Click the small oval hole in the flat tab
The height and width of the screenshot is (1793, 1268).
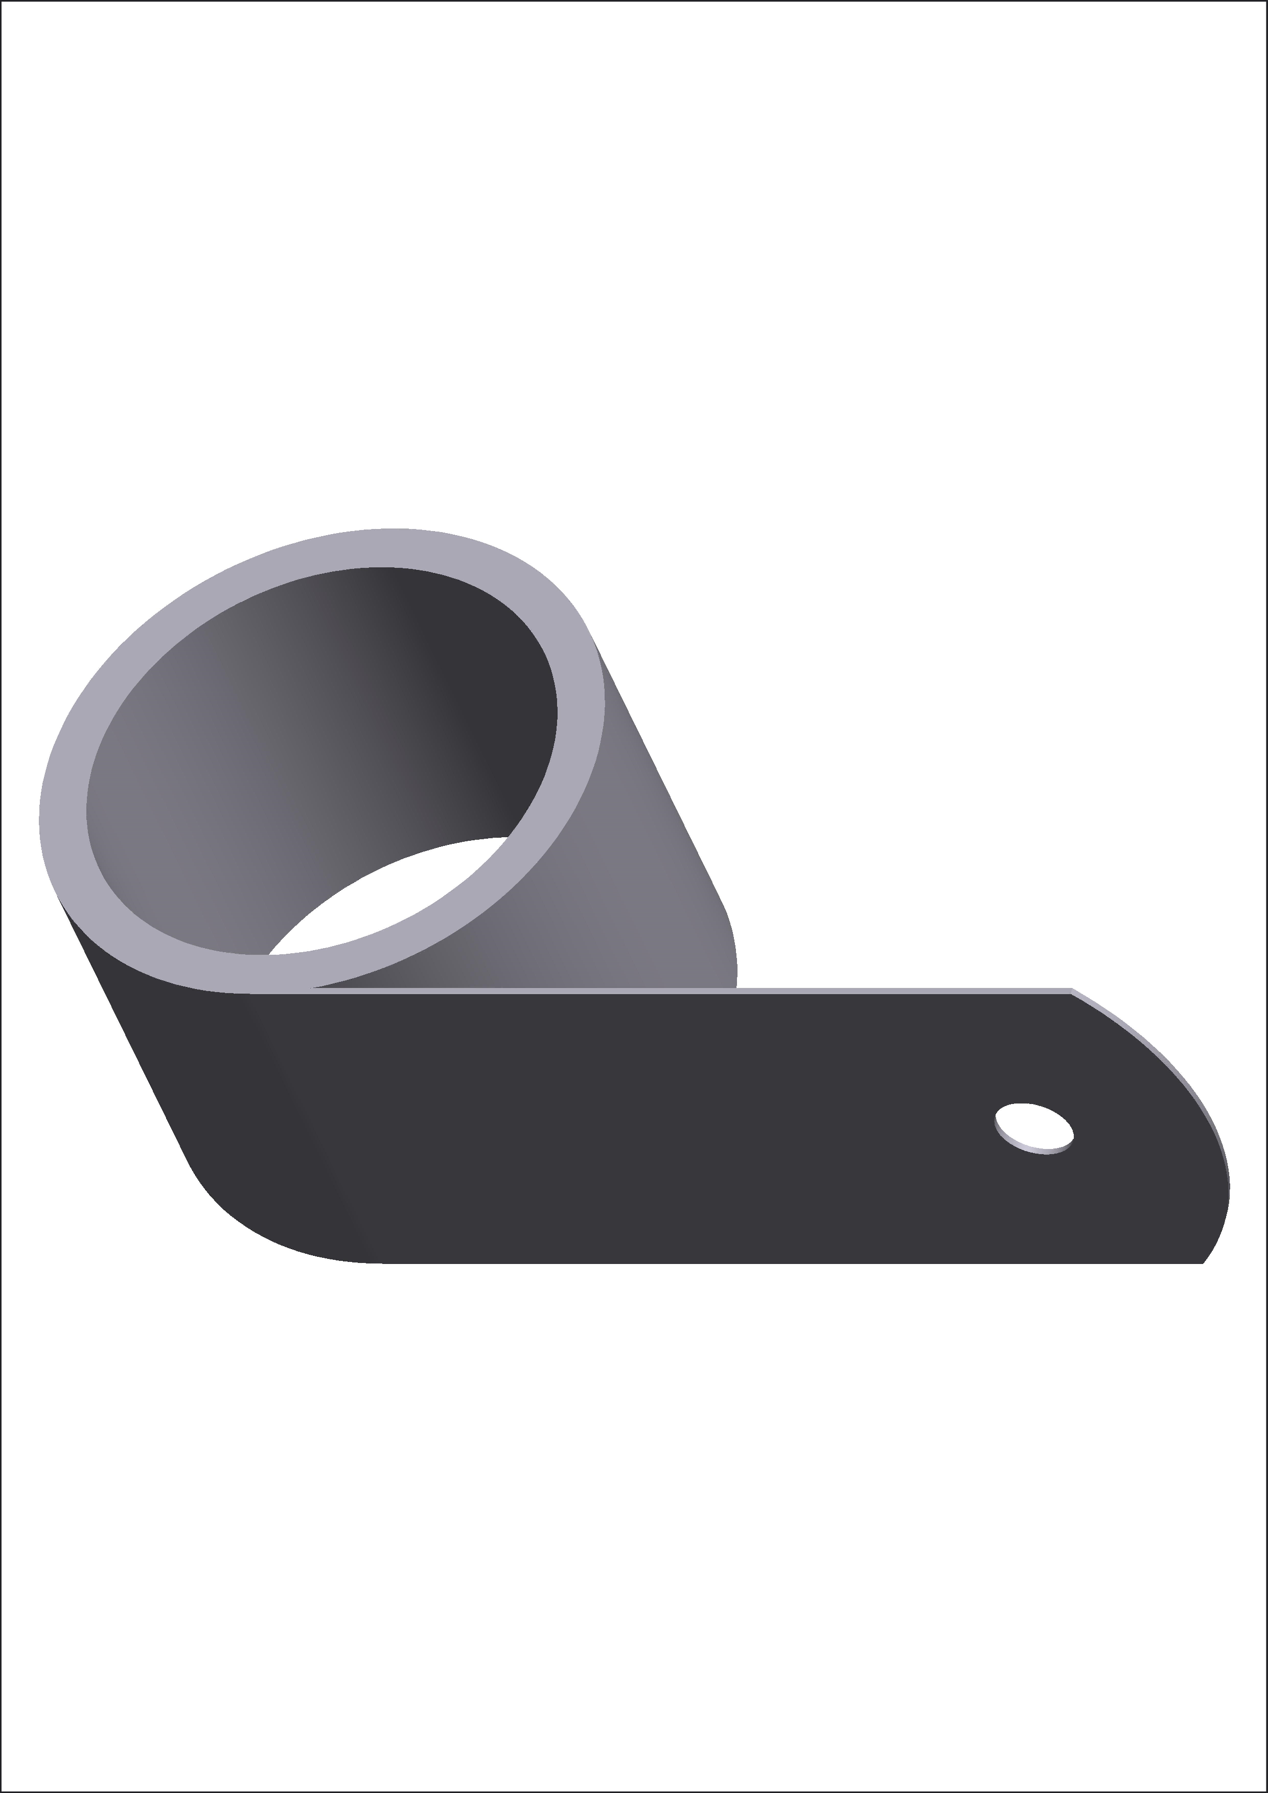[1032, 1124]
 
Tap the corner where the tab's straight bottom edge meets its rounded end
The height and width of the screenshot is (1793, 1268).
[1202, 1262]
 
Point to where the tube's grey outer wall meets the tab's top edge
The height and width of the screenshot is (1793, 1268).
[735, 989]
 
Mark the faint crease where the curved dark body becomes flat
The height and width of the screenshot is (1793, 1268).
[305, 1124]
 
